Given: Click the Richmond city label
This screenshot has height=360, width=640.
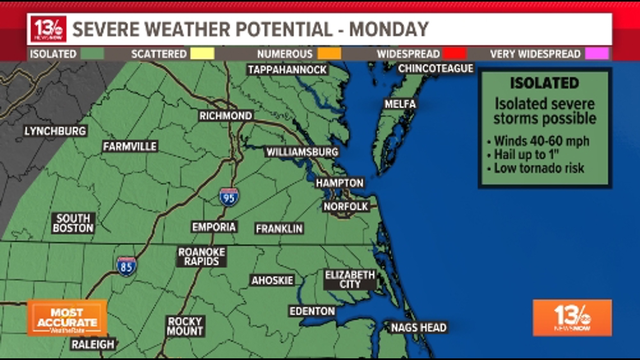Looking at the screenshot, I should pyautogui.click(x=226, y=116).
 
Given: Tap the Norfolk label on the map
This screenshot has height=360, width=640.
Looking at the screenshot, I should pyautogui.click(x=346, y=207).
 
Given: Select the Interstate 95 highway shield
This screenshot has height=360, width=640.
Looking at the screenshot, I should pyautogui.click(x=228, y=197).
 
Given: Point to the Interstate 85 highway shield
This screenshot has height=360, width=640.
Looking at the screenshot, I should pyautogui.click(x=126, y=265).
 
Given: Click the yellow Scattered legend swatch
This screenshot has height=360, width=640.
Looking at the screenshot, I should pyautogui.click(x=203, y=54).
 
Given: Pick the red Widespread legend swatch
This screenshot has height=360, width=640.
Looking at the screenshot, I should pyautogui.click(x=454, y=54).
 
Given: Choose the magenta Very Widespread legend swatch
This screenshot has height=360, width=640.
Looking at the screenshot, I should pyautogui.click(x=596, y=54).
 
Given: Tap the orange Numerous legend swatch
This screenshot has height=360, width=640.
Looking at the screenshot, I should pyautogui.click(x=329, y=54).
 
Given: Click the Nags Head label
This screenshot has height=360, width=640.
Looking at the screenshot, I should pyautogui.click(x=419, y=327).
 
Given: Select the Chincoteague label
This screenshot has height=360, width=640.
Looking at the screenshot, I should pyautogui.click(x=436, y=69).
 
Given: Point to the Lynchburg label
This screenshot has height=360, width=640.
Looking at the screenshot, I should pyautogui.click(x=55, y=131).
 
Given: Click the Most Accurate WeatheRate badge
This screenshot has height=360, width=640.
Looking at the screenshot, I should pyautogui.click(x=67, y=318).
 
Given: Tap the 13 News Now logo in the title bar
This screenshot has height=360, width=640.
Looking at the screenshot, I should pyautogui.click(x=48, y=29).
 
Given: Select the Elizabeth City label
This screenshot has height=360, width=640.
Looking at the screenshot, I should pyautogui.click(x=350, y=280).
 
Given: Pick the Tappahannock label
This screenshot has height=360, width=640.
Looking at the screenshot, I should pyautogui.click(x=287, y=70).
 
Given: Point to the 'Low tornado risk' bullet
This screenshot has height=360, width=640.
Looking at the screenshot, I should pyautogui.click(x=539, y=168).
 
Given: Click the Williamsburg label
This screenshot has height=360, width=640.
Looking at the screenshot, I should pyautogui.click(x=302, y=152).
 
